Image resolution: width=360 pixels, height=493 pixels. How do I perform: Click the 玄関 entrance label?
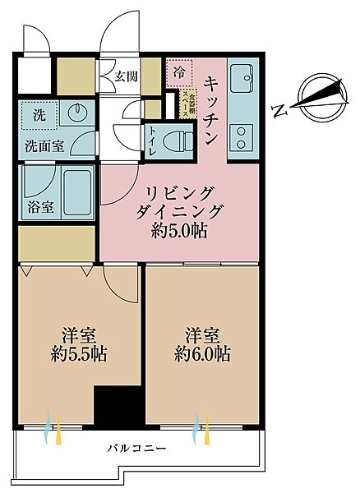(125, 79)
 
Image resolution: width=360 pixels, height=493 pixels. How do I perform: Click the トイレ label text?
(154, 140)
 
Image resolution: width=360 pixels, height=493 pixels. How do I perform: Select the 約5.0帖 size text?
(179, 231)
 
